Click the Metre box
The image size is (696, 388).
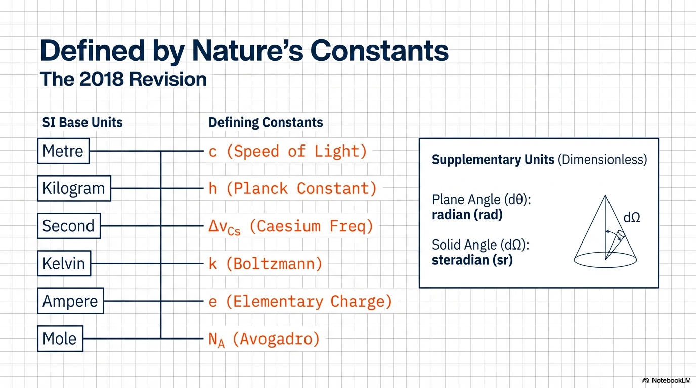click(x=63, y=151)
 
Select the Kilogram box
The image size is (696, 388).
click(x=74, y=188)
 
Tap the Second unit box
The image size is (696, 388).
click(x=69, y=226)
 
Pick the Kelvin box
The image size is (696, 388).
click(x=64, y=264)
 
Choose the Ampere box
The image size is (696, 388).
click(x=70, y=301)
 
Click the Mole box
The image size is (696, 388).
click(x=60, y=338)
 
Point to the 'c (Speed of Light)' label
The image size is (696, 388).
click(x=288, y=152)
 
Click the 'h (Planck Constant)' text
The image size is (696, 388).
click(x=292, y=189)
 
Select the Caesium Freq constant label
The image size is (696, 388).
click(x=290, y=227)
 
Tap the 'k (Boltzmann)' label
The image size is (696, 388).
click(x=266, y=264)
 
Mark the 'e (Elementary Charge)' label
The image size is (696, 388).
click(x=300, y=302)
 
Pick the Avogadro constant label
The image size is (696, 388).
click(x=264, y=339)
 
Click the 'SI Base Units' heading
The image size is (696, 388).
click(x=82, y=123)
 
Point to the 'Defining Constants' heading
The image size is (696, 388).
click(x=266, y=123)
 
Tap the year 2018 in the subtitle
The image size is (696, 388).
click(x=101, y=79)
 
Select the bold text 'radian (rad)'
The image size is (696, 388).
click(x=467, y=215)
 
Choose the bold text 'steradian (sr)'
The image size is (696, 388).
click(x=472, y=260)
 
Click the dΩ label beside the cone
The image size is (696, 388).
click(x=632, y=218)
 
